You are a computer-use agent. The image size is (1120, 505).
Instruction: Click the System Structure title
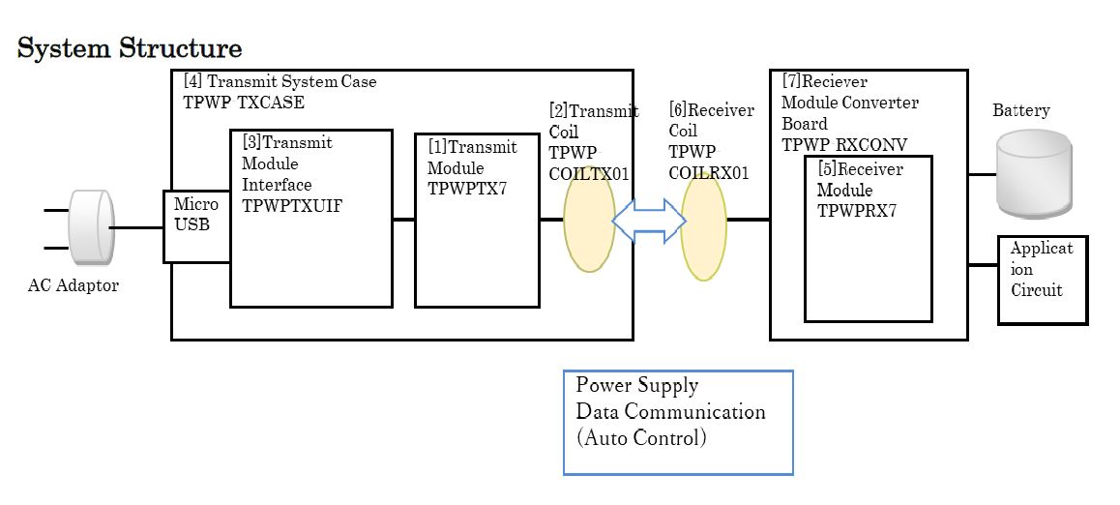(130, 47)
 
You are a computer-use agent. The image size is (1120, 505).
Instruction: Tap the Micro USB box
(196, 226)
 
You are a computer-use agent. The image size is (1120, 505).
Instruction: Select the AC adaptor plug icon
(91, 227)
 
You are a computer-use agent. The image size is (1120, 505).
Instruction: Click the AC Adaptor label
(74, 285)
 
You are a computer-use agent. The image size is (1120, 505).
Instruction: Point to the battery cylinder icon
(1034, 175)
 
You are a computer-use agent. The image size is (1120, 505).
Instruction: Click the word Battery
(1020, 110)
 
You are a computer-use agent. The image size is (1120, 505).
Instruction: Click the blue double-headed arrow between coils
(649, 222)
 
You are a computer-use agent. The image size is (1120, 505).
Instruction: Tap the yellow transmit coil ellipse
(588, 220)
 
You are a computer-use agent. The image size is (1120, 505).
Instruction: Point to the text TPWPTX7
(467, 189)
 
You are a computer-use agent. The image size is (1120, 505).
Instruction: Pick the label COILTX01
(589, 173)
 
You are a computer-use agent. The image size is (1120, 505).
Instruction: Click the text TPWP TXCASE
(238, 103)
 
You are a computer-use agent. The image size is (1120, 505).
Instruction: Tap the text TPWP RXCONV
(844, 145)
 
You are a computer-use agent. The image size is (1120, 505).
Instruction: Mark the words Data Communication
(670, 411)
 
